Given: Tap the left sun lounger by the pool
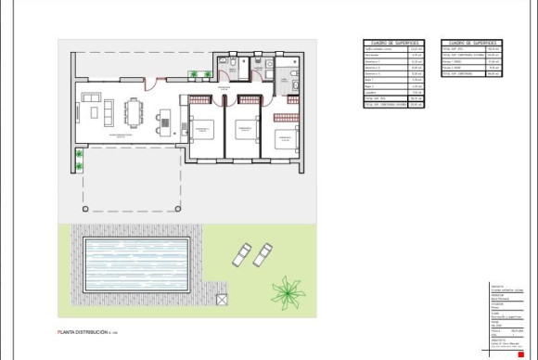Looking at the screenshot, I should tap(242, 252).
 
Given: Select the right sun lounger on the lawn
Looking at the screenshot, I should tap(262, 253).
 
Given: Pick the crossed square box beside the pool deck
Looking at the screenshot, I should tap(222, 299).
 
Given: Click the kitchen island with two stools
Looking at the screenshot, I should tap(165, 121).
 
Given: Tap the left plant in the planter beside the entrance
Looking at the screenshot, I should tap(194, 75).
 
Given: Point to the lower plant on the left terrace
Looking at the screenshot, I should tap(80, 166).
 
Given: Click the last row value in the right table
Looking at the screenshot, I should tap(493, 74).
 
